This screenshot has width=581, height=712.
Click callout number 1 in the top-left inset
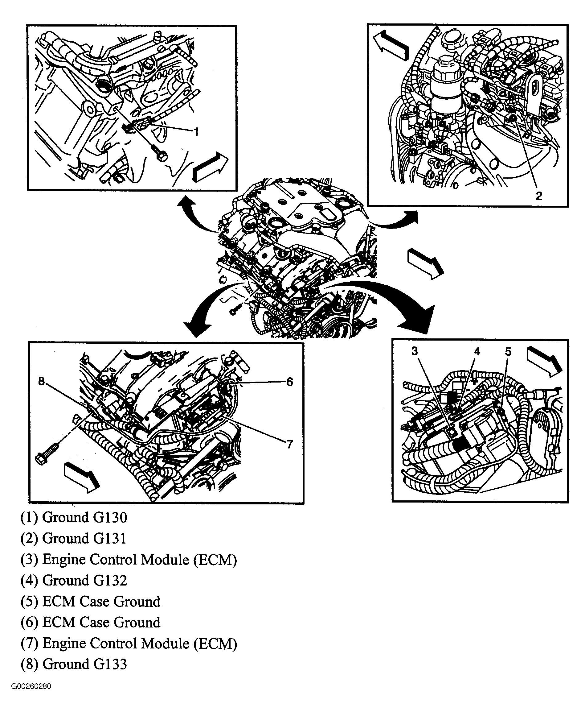click(196, 132)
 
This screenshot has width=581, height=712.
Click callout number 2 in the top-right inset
click(538, 196)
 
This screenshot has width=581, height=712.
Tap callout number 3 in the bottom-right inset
click(415, 351)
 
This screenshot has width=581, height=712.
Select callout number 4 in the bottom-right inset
click(477, 351)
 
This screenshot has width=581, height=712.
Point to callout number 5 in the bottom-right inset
click(508, 352)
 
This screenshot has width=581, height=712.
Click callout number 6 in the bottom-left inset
click(289, 382)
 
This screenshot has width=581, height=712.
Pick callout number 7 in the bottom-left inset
click(289, 445)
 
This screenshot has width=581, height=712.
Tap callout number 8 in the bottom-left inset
click(42, 381)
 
